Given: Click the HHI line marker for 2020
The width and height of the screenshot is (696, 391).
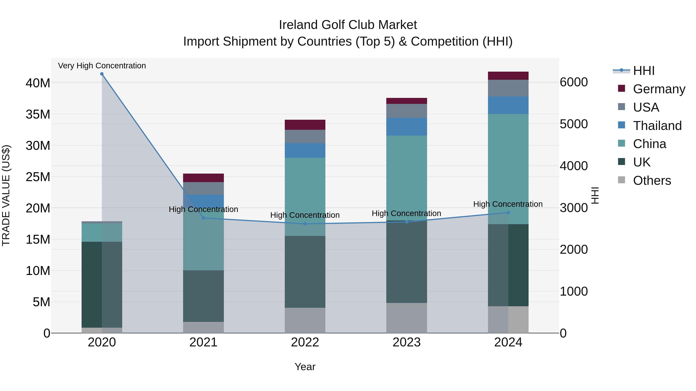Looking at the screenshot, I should [102, 74].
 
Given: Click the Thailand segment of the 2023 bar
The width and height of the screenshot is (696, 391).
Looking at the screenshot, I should [406, 126].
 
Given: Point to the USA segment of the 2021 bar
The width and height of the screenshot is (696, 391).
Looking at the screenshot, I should [203, 188].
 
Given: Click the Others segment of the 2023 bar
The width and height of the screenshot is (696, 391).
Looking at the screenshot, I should [406, 318].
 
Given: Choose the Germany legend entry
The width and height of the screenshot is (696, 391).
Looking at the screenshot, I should [659, 89].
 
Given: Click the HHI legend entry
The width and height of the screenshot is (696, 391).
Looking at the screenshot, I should [644, 71].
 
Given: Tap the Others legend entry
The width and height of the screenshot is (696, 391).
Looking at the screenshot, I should [652, 181].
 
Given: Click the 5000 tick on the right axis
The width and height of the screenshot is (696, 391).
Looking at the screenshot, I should [574, 124].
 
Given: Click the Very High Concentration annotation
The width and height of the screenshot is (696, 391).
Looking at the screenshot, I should [102, 66].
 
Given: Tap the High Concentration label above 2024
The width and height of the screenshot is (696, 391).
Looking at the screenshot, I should [508, 204].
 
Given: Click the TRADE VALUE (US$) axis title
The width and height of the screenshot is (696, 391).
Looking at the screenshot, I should [6, 195].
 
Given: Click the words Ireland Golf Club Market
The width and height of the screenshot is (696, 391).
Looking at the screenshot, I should [348, 25].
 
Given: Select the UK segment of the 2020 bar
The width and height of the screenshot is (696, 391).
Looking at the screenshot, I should [92, 285].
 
